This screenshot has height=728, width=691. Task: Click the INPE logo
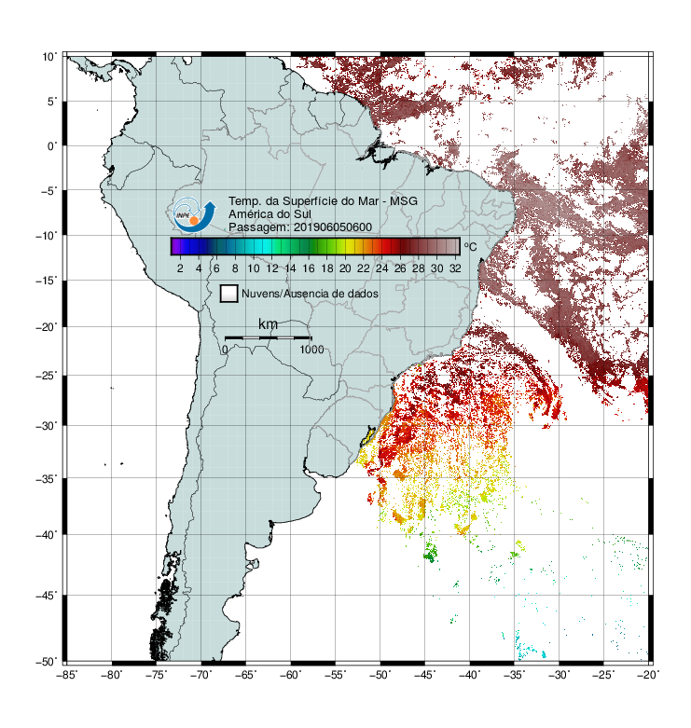194,214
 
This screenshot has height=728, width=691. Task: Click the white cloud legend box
229,294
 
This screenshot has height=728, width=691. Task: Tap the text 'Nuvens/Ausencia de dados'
310,294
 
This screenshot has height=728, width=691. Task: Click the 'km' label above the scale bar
268,324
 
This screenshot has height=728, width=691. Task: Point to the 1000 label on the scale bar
311,350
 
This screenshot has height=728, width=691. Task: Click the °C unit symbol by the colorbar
470,246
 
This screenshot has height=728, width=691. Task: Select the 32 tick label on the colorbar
455,268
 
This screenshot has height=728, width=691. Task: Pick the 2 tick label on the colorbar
180,268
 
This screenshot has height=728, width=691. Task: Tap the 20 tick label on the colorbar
345,268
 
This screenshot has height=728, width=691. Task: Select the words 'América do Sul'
269,214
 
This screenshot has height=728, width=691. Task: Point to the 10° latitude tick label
49,57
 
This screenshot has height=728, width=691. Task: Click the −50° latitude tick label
47,662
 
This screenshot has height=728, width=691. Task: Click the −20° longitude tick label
648,675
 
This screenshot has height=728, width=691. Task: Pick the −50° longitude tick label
380,675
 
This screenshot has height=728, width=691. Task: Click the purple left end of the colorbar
174,246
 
